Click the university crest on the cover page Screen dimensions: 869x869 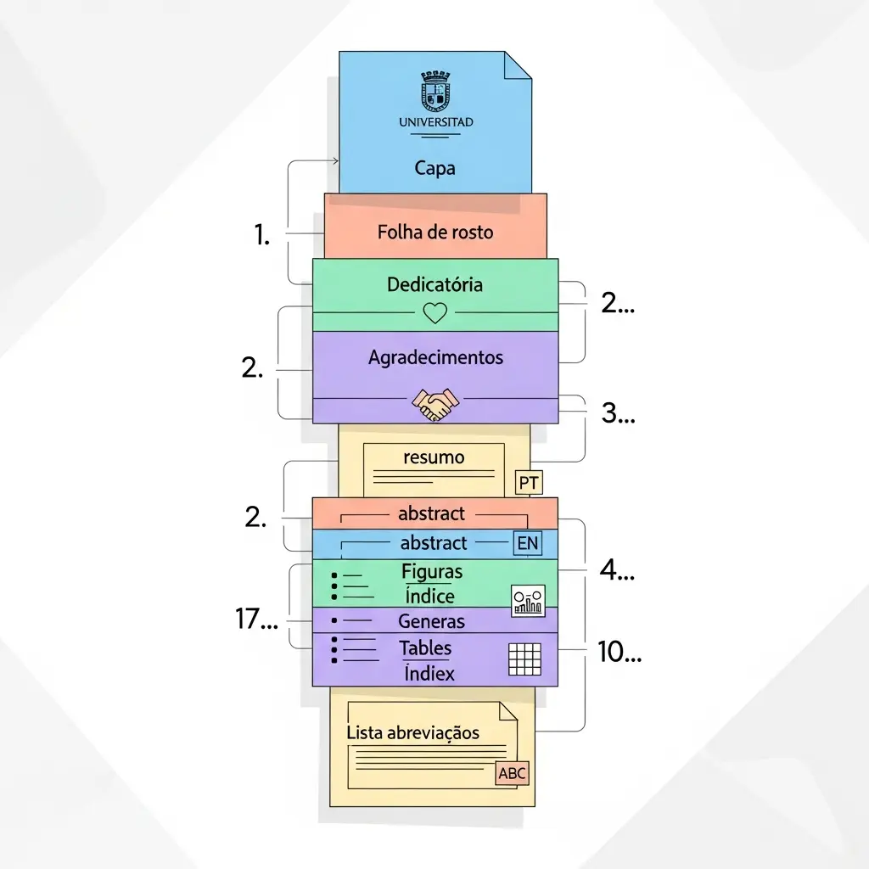click(435, 91)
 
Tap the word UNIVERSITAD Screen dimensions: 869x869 click(435, 122)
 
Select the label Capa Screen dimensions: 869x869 click(434, 168)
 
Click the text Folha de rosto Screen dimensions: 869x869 click(434, 232)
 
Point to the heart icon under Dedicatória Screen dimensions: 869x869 click(434, 314)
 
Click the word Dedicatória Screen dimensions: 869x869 click(434, 284)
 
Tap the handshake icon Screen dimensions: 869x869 click(434, 405)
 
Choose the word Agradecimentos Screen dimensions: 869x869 click(435, 358)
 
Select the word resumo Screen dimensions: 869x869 click(434, 457)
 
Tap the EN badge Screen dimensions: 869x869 click(528, 543)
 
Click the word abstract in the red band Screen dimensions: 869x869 click(432, 513)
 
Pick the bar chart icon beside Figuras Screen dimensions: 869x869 click(528, 600)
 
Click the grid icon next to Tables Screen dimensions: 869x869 click(524, 659)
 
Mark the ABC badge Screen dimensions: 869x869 click(513, 774)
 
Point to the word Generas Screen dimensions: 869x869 click(431, 621)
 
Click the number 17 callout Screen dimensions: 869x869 click(255, 620)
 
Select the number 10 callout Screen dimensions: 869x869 click(619, 652)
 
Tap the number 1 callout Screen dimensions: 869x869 click(262, 235)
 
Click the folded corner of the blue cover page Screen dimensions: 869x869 click(518, 64)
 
